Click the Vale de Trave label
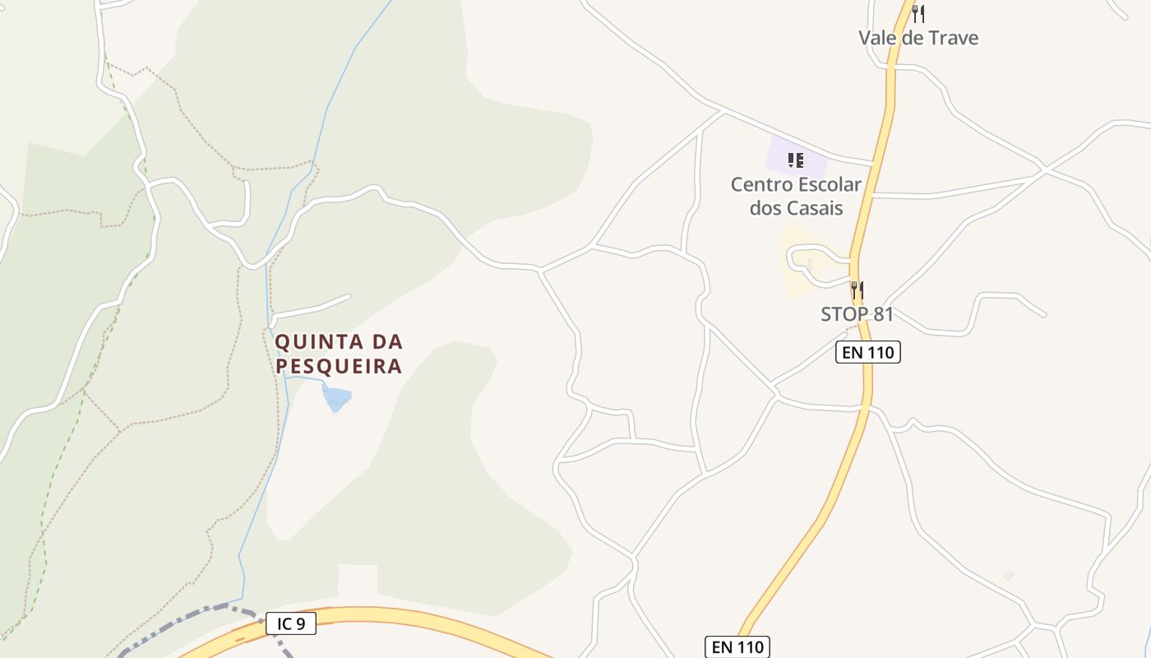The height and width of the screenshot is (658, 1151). (918, 38)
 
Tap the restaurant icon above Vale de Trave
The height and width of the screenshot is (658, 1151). (918, 13)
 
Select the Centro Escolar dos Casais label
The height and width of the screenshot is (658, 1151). (796, 196)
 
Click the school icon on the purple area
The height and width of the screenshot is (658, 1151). (795, 160)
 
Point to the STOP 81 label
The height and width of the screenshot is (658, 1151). (857, 314)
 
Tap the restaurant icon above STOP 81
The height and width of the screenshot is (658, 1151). (857, 290)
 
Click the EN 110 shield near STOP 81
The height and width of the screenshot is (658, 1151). (868, 353)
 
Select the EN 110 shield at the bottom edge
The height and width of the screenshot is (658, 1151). (737, 647)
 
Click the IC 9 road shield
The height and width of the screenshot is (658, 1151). (291, 623)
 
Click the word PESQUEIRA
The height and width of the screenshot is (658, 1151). (339, 366)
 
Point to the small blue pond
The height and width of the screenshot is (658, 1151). (336, 399)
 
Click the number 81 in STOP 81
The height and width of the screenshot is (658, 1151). (884, 314)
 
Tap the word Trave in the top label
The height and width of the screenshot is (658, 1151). (953, 38)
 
